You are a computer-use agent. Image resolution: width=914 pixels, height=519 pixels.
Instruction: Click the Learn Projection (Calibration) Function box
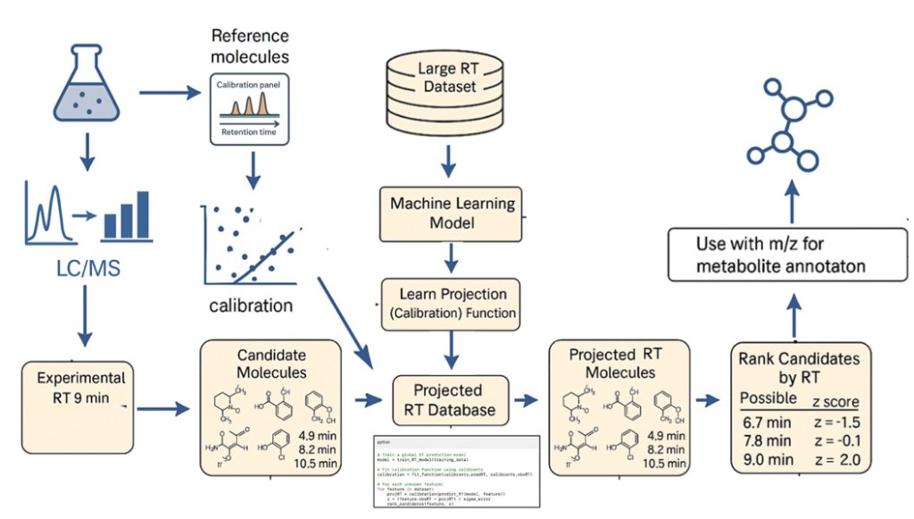(x=452, y=304)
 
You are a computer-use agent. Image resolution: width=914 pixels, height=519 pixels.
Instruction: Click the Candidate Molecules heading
(x=271, y=363)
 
